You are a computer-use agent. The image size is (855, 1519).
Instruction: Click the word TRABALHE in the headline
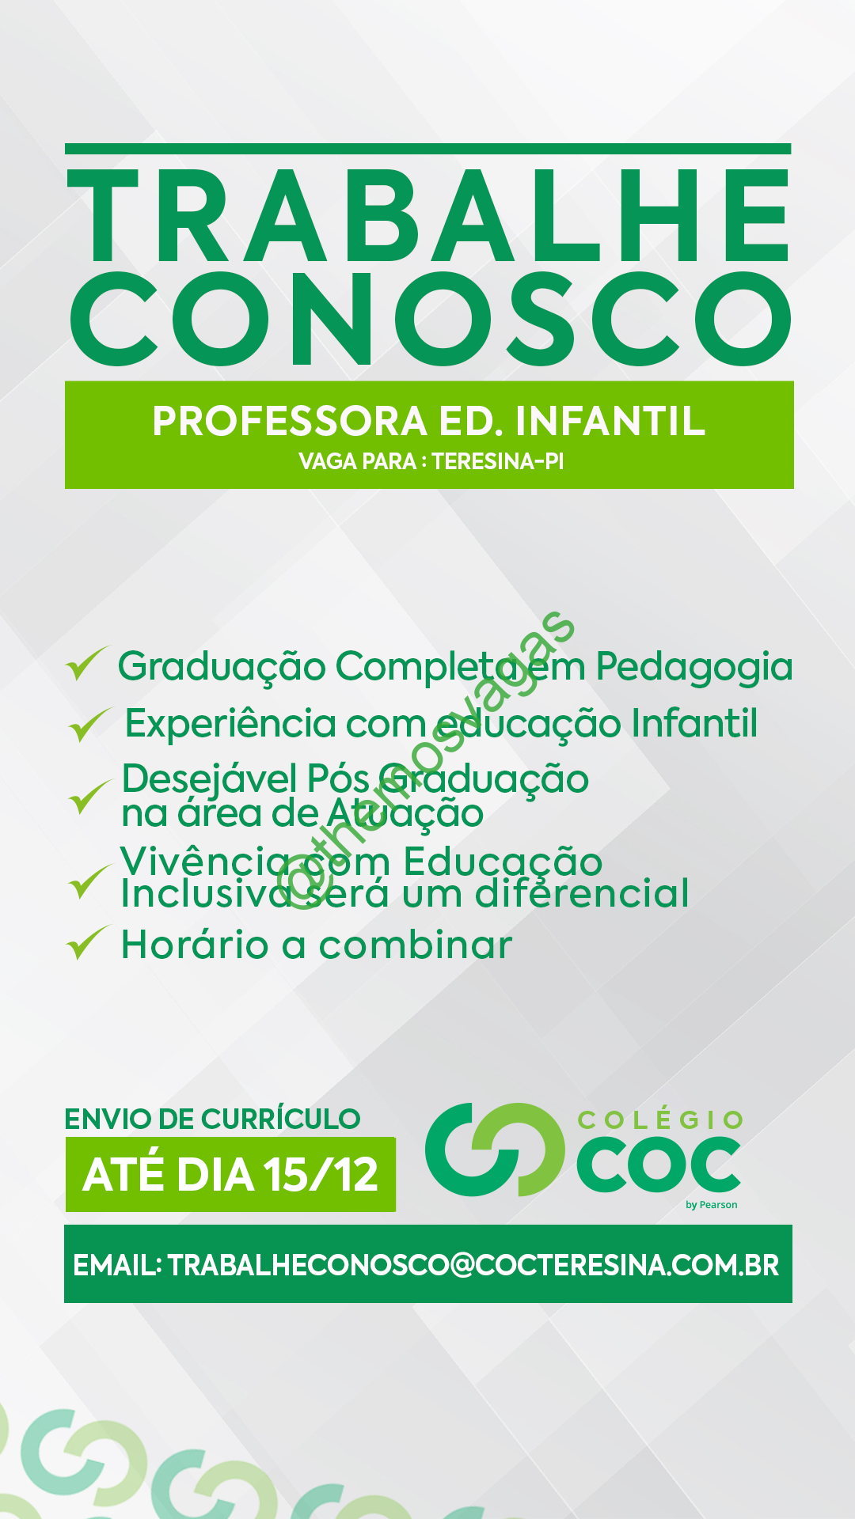(428, 215)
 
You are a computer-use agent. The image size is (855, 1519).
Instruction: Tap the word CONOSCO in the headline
(431, 319)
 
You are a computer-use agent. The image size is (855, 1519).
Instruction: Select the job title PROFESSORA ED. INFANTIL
(428, 421)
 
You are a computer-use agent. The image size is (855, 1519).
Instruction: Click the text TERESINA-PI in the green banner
(498, 461)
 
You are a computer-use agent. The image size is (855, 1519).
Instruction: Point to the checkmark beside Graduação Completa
(86, 663)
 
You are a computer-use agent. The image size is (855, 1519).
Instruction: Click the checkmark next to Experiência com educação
(89, 724)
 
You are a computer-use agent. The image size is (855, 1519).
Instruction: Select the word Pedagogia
(694, 667)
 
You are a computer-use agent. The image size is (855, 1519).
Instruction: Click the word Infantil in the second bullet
(694, 723)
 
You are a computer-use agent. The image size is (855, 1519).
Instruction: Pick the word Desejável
(210, 780)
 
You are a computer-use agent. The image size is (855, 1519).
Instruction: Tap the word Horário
(195, 945)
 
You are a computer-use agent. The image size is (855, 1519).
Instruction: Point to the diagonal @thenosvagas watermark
(431, 760)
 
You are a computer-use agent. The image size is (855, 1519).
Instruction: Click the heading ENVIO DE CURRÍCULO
(212, 1119)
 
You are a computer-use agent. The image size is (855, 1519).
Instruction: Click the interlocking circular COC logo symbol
(495, 1150)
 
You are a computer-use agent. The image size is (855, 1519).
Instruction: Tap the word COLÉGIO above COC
(660, 1120)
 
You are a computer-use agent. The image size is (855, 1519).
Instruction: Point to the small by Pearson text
(711, 1205)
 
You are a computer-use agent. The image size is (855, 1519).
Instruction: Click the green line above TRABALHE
(428, 149)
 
